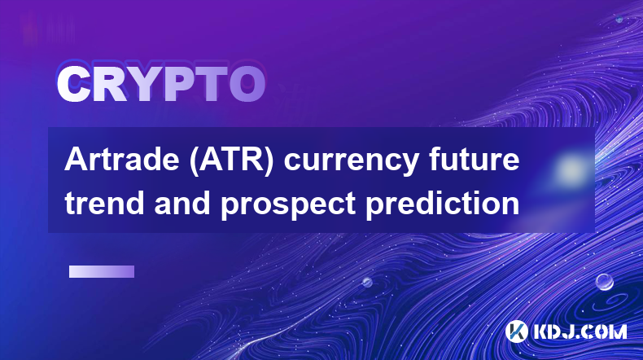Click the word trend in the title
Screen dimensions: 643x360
pyautogui.click(x=104, y=203)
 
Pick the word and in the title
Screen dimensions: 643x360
pyautogui.click(x=182, y=203)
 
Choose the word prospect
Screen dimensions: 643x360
pyautogui.click(x=288, y=205)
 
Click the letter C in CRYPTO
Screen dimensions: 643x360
pyautogui.click(x=73, y=85)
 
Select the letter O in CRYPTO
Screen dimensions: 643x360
pyautogui.click(x=247, y=85)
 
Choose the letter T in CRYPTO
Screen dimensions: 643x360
pyautogui.click(x=210, y=85)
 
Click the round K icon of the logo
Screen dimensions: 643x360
pyautogui.click(x=516, y=331)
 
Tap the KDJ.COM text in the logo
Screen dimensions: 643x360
pyautogui.click(x=580, y=331)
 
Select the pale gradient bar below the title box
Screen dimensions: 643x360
pyautogui.click(x=102, y=272)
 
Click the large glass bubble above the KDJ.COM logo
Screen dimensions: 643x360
pyautogui.click(x=604, y=282)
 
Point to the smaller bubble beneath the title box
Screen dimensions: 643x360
pyautogui.click(x=367, y=283)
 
